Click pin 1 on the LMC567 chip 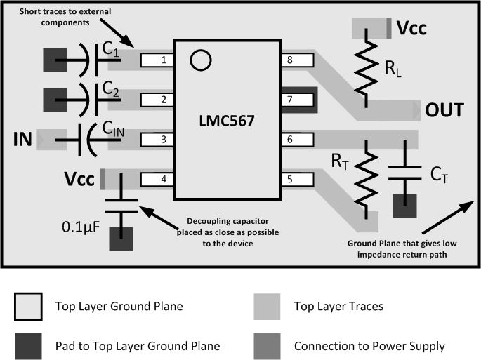point(158,60)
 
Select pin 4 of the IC point(158,180)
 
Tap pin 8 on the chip point(296,60)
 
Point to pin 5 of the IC point(296,180)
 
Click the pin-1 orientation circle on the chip point(201,60)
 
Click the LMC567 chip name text point(227,120)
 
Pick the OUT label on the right point(444,111)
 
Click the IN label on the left point(23,139)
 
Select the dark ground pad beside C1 point(57,61)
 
